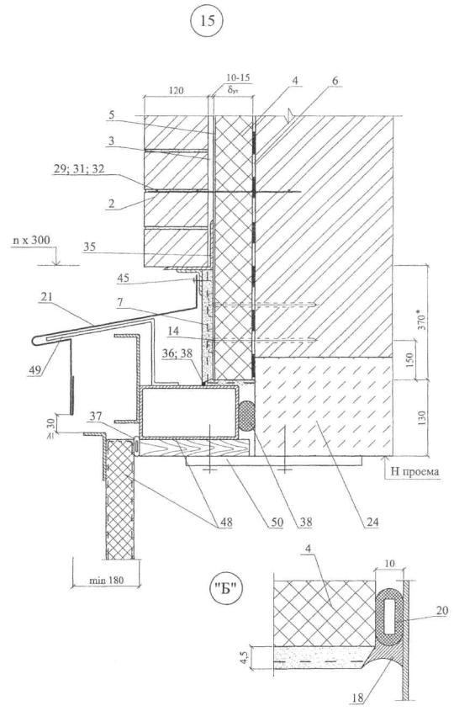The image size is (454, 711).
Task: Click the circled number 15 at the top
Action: [207, 21]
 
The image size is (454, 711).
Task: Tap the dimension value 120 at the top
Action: [176, 90]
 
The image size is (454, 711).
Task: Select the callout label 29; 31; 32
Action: [78, 169]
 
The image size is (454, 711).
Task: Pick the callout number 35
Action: [91, 247]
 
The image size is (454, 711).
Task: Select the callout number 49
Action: [40, 369]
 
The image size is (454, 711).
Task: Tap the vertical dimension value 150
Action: [410, 360]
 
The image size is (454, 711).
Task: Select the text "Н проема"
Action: [414, 471]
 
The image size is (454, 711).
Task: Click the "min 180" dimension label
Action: [106, 580]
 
